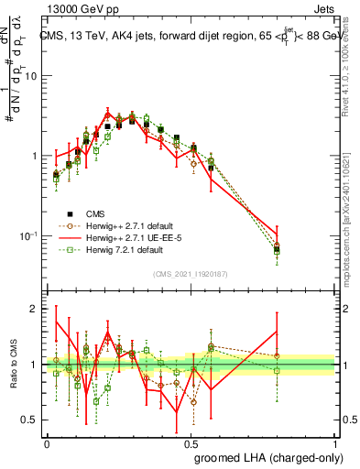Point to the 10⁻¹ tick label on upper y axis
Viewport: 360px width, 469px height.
[x=28, y=236]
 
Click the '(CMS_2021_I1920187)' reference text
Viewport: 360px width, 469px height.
[x=190, y=273]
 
